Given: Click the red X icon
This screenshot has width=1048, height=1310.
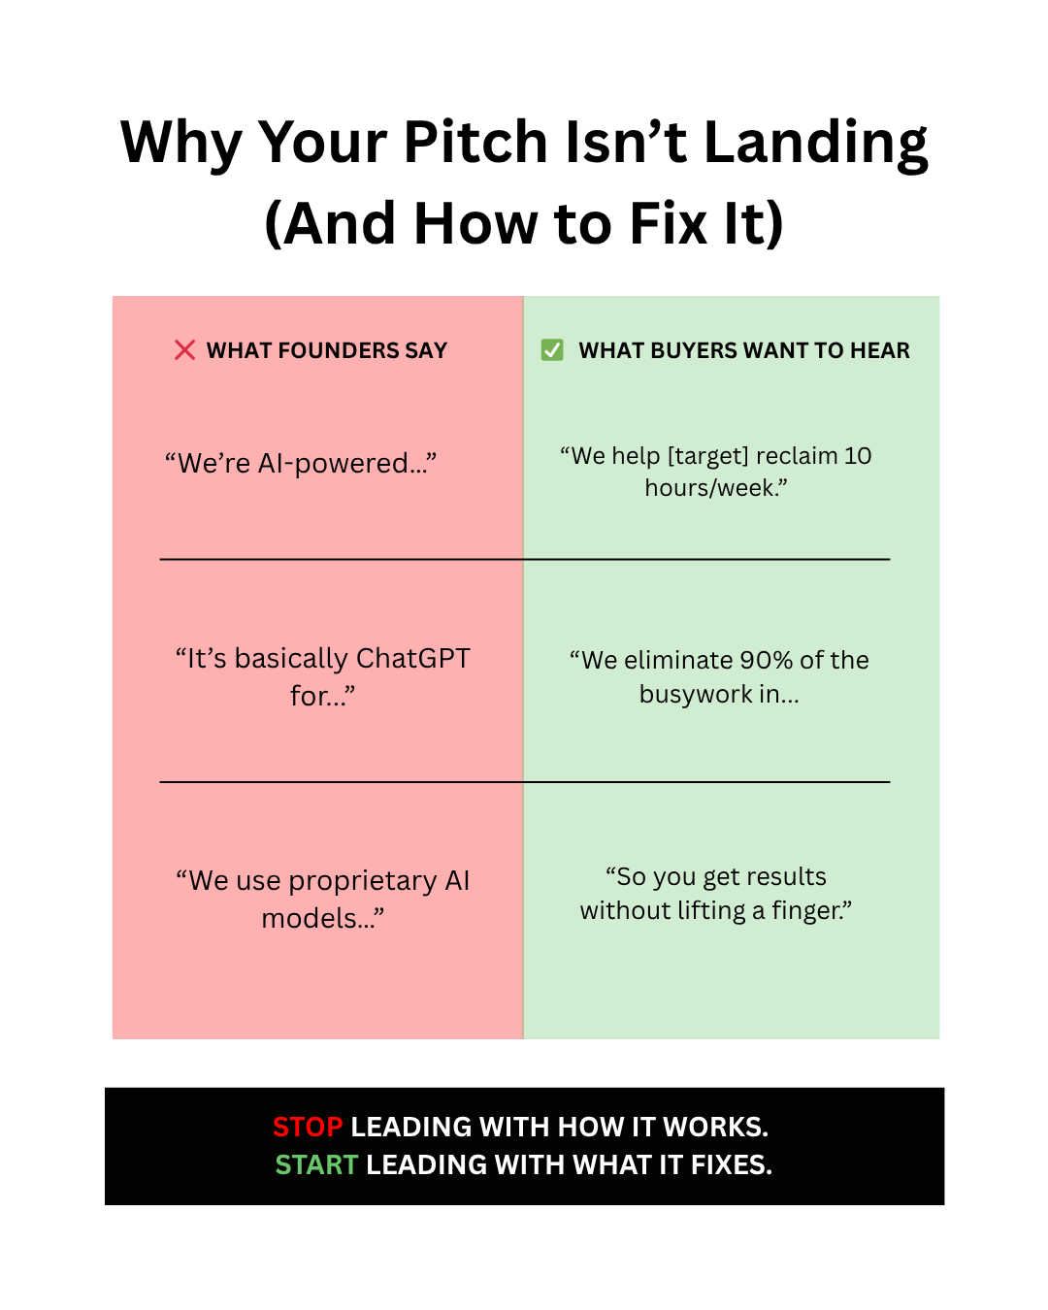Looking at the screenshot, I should pyautogui.click(x=184, y=350).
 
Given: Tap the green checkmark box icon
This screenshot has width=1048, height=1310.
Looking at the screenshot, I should pyautogui.click(x=552, y=350).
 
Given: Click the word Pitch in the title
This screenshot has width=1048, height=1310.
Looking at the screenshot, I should pyautogui.click(x=475, y=143).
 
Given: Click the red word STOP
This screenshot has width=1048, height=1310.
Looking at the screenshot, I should pyautogui.click(x=308, y=1127).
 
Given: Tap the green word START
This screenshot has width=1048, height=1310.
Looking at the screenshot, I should pyautogui.click(x=316, y=1164).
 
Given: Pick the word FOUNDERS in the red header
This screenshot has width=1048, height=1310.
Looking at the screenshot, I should pyautogui.click(x=338, y=350).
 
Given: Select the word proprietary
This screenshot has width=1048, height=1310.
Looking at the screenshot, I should pyautogui.click(x=363, y=881).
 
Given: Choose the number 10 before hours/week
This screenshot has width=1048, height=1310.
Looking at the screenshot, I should pyautogui.click(x=858, y=456).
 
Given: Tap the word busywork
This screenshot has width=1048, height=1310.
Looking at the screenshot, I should pyautogui.click(x=696, y=695).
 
